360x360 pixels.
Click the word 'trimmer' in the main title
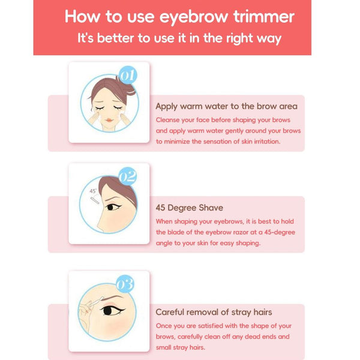264,17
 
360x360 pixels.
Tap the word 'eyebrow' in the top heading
194,18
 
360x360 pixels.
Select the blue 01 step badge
128,75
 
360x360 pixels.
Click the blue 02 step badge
128,176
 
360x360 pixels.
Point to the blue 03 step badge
125,284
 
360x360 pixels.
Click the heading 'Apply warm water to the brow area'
226,107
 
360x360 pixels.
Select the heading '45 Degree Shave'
190,208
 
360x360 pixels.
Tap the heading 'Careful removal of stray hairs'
214,312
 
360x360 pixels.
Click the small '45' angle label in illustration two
93,191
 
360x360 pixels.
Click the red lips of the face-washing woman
109,120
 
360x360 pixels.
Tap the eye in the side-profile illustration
112,207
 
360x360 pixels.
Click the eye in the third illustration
112,311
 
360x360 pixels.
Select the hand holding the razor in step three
86,310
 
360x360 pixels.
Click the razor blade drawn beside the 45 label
95,200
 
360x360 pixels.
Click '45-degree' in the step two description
280,232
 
